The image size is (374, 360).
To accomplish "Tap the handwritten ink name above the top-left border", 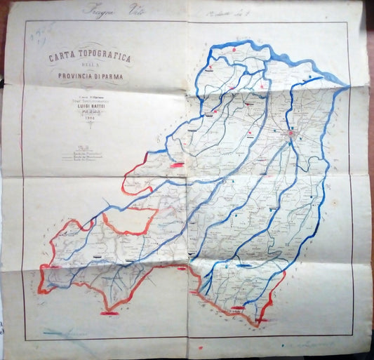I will click(x=105, y=11).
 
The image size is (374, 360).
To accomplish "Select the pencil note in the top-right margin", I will click(x=232, y=12).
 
